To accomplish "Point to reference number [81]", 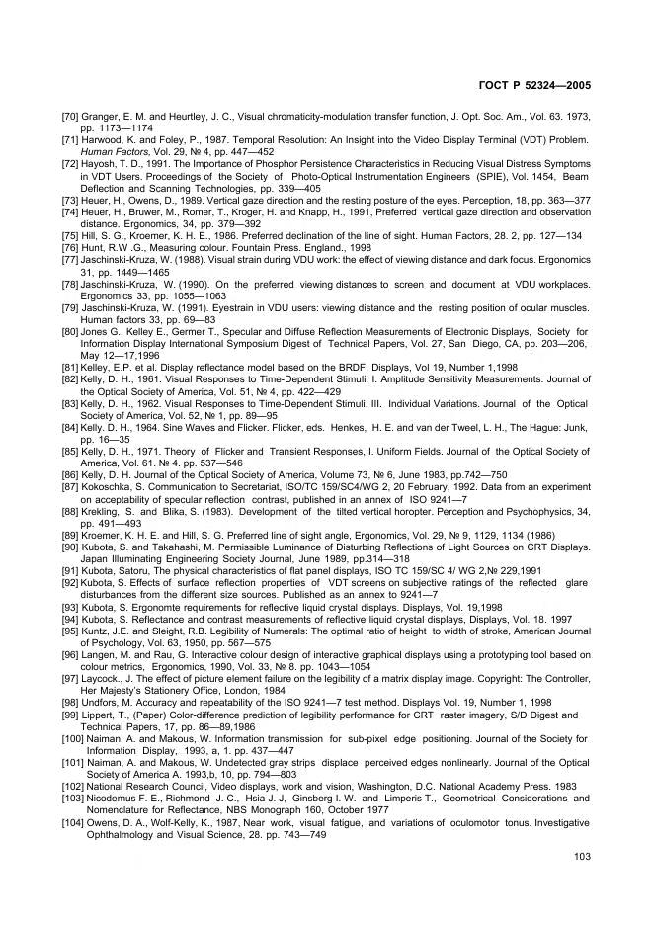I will click(x=71, y=366).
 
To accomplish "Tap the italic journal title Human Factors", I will click(x=108, y=152).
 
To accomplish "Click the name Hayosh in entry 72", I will click(x=103, y=164).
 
